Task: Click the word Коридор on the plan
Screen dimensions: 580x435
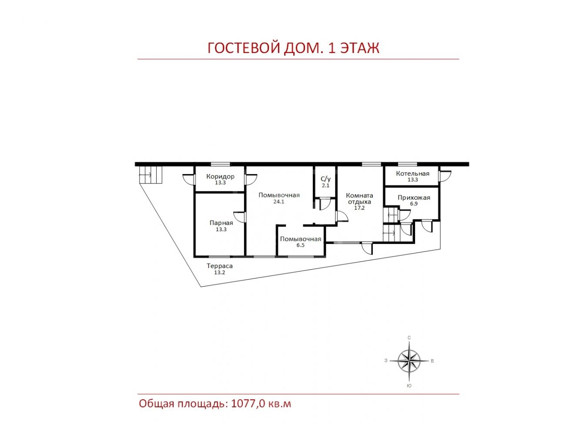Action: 220,176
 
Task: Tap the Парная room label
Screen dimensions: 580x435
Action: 221,223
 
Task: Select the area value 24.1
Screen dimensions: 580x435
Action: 279,201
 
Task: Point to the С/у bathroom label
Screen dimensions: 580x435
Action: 325,179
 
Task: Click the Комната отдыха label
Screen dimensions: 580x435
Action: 359,199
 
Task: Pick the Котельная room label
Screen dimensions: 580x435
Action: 412,174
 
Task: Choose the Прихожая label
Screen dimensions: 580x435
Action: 414,197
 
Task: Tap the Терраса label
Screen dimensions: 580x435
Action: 220,266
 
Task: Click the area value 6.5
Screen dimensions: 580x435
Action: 300,245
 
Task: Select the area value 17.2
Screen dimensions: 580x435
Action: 359,208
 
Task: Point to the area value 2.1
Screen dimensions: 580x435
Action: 325,185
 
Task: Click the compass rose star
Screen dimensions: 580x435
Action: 409,361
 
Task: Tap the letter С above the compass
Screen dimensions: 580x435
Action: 409,338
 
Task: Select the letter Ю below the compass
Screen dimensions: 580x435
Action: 409,386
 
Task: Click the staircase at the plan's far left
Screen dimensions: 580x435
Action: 151,174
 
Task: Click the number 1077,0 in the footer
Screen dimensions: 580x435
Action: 248,404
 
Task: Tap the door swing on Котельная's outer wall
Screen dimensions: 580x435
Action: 445,176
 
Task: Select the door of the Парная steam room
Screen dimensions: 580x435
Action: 240,217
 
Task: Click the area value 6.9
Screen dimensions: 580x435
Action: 414,204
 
